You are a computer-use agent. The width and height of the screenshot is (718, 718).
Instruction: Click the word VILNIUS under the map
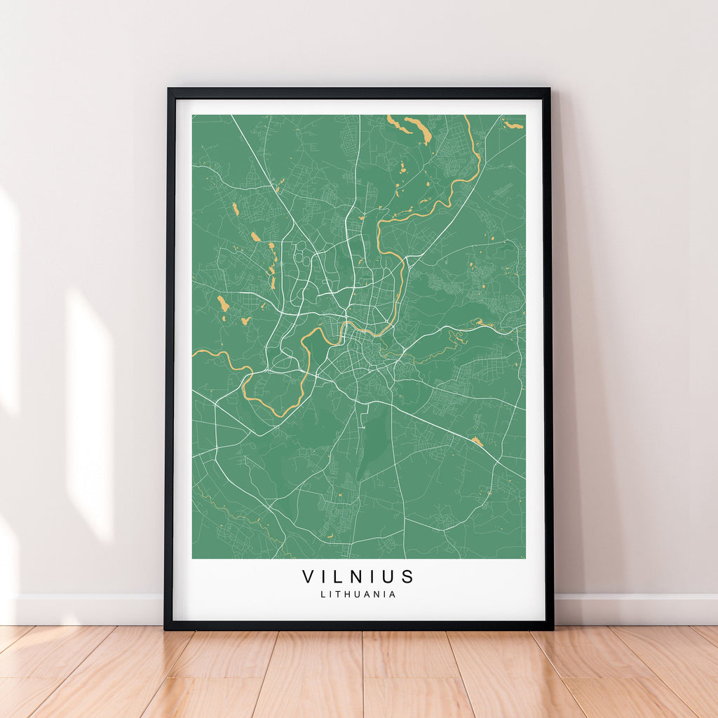(x=358, y=576)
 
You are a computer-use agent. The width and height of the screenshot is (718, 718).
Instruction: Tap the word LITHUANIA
(x=358, y=594)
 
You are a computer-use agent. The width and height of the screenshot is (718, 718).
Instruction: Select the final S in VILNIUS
(x=408, y=576)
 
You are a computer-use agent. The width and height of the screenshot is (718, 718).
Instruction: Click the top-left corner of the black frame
(x=168, y=90)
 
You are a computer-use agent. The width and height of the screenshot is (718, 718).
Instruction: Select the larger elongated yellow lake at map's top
(x=418, y=129)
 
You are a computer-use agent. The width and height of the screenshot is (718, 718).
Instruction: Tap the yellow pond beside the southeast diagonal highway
(x=477, y=441)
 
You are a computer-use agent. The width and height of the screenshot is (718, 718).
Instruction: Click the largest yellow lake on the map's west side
(x=223, y=304)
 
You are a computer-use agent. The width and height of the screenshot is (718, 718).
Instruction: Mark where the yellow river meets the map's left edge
(x=194, y=351)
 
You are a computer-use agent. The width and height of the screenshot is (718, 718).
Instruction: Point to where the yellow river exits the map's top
(x=466, y=117)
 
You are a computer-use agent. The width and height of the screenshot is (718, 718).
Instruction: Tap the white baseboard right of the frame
(x=635, y=609)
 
